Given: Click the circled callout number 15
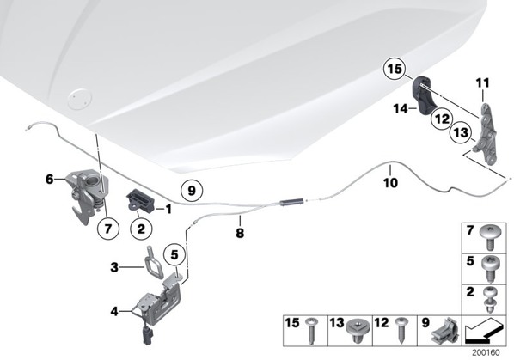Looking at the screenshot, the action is tap(395, 69).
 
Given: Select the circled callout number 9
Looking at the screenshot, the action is tap(192, 191).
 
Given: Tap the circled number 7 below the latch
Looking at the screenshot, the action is tap(108, 228).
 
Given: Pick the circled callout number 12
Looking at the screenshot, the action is tap(442, 119).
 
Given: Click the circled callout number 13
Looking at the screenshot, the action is tap(461, 132).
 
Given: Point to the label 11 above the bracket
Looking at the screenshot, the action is tap(482, 82).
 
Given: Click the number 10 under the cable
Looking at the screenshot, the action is tap(391, 182).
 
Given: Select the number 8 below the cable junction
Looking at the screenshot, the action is tap(240, 233).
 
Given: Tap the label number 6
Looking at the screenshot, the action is tap(50, 179).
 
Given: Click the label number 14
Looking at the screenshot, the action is tap(401, 108).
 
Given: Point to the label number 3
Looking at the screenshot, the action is tap(114, 267).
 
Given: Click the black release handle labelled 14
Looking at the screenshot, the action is tap(424, 95).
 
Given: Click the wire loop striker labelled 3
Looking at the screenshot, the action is tap(154, 263).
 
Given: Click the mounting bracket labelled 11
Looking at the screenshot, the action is tap(486, 134).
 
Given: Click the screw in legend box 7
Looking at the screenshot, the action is tap(490, 239).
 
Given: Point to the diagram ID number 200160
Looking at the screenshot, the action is tap(486, 353).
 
